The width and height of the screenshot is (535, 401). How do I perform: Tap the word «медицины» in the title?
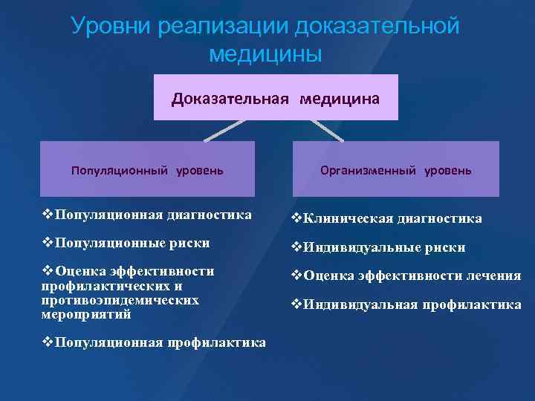point(265,54)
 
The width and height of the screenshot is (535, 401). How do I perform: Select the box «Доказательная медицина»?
point(276,98)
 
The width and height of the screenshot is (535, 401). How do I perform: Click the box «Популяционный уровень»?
point(146,170)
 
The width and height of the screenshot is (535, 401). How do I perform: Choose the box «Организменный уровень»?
point(395,170)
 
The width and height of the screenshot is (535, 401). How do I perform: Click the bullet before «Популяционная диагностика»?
point(48,215)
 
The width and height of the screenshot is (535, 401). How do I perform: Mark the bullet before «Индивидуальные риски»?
point(296,247)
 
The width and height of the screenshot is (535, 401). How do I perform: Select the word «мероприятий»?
point(76,314)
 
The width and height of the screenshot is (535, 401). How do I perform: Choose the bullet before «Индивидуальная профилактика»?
point(296,304)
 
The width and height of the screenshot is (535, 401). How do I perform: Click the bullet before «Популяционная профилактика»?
point(48,342)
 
